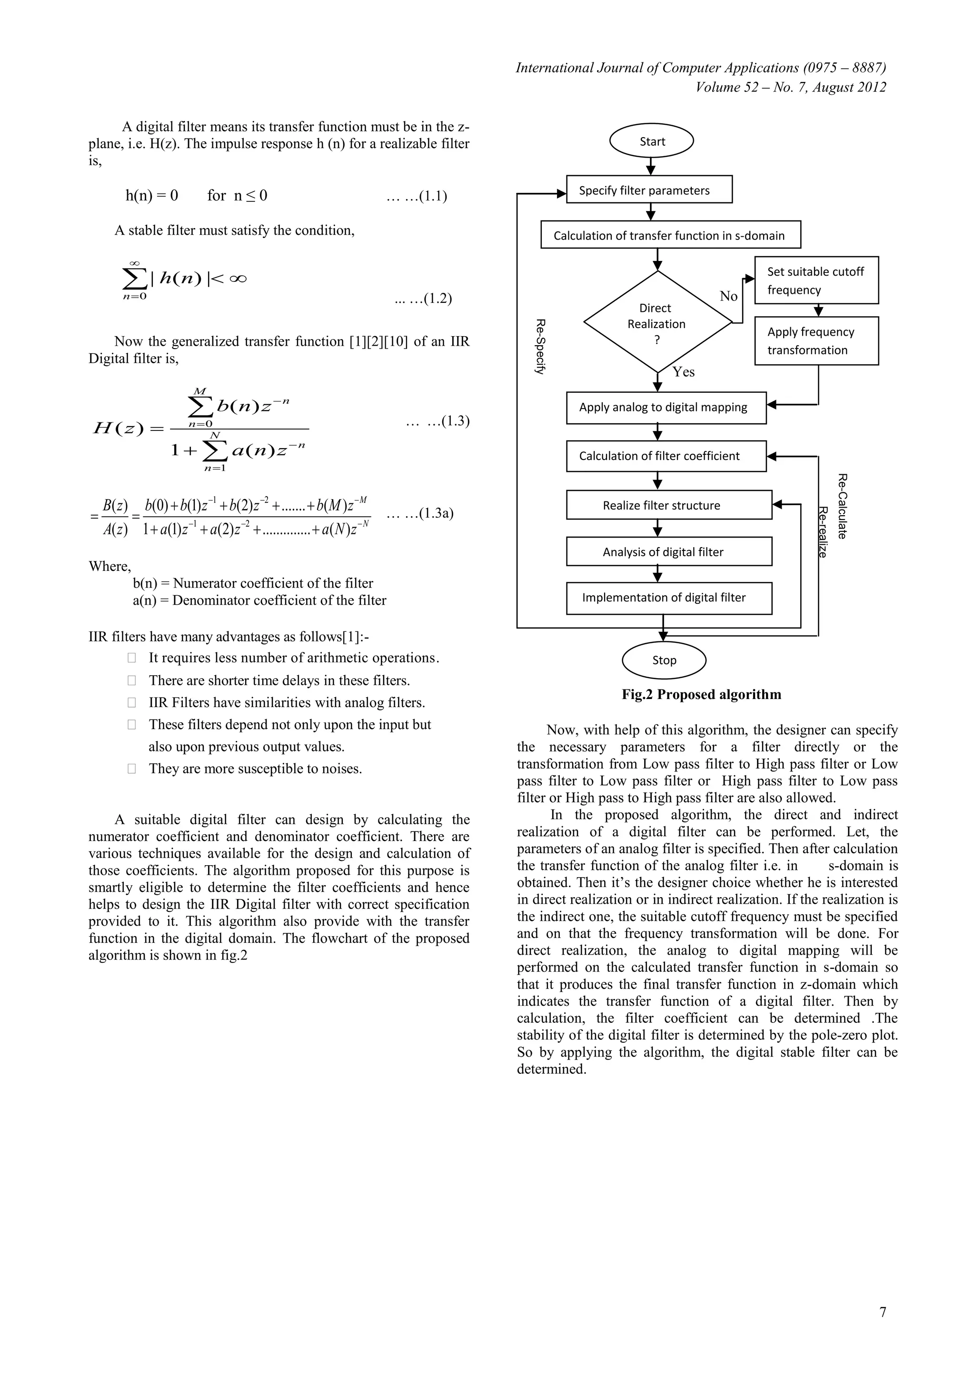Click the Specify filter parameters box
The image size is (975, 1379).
point(649,190)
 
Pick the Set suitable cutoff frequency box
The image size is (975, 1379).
point(816,280)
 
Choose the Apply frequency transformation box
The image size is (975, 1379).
point(816,340)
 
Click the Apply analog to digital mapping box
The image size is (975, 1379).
point(666,407)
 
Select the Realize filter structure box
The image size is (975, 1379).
point(669,505)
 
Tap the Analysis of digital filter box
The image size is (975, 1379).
point(669,551)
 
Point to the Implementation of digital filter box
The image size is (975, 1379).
point(669,598)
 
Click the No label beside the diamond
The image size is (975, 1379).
point(728,296)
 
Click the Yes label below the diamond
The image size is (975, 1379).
point(683,372)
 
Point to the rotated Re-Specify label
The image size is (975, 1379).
point(540,347)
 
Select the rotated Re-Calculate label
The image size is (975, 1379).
point(842,506)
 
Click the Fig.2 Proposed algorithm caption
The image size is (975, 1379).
point(701,694)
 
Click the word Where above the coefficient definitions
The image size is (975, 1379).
point(109,566)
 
